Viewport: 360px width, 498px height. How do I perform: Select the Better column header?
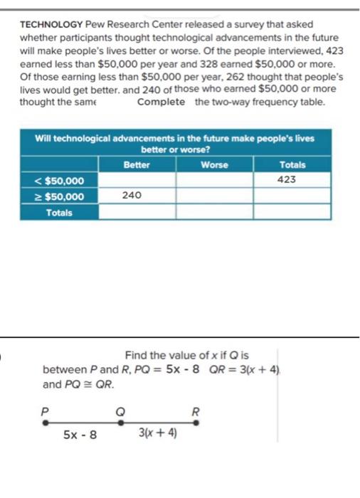coord(137,164)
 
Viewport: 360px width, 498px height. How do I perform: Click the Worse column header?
coord(214,164)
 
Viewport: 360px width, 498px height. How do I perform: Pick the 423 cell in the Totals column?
coord(287,180)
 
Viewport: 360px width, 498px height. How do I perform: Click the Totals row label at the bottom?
coord(60,212)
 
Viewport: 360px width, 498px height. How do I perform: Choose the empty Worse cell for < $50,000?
coord(214,181)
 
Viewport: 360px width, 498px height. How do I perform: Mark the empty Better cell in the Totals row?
coord(137,212)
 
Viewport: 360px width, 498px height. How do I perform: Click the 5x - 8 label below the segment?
coord(80,434)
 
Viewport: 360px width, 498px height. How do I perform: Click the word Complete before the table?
coord(162,102)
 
